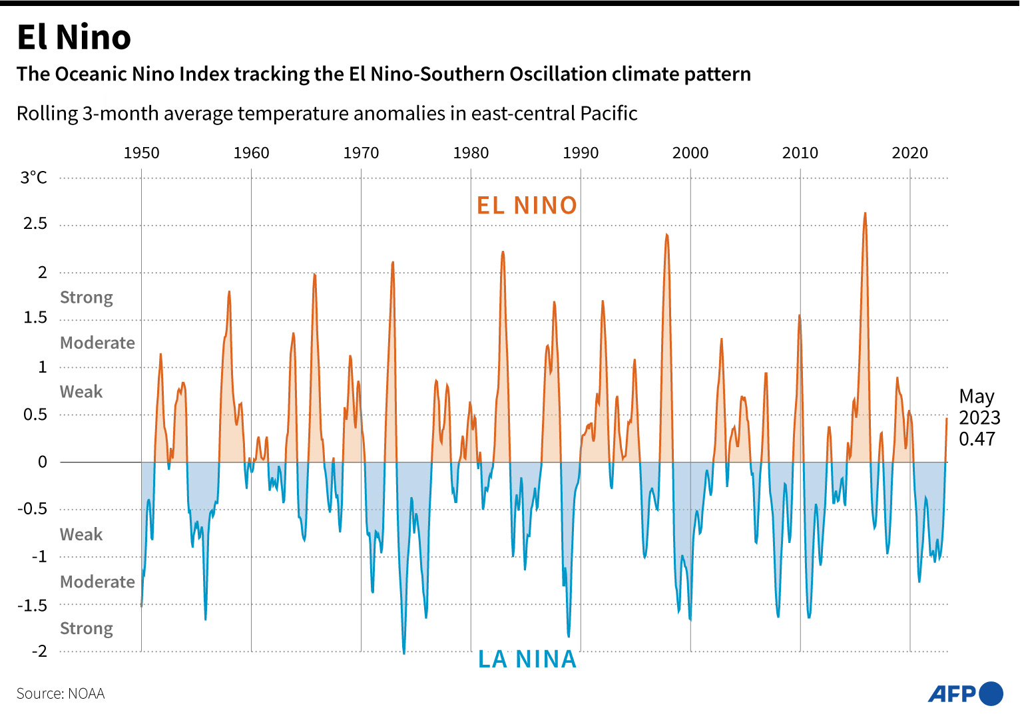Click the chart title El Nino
pos(74,37)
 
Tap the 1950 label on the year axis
pos(141,153)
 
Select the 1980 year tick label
pos(471,153)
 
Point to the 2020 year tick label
pos(909,153)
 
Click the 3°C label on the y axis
pos(34,178)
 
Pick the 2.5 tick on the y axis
pos(35,224)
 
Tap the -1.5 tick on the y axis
pos(32,605)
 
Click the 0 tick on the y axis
pos(43,462)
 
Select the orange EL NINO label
pos(527,205)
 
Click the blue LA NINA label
pos(527,659)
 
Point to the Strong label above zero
pos(87,297)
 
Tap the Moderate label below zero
pos(97,582)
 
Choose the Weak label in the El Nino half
pos(81,391)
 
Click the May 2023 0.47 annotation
pos(979,417)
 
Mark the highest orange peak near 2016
pos(865,214)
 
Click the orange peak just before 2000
pos(666,236)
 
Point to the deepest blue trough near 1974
pos(403,652)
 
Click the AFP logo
pos(965,694)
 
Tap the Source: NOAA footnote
pos(61,694)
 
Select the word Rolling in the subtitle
pos(47,114)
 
